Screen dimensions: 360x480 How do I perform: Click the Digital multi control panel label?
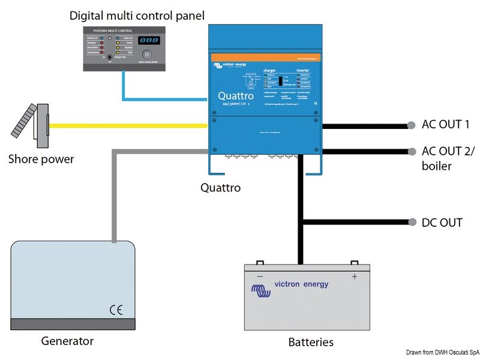(x=137, y=14)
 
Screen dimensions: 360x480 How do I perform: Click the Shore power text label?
(x=41, y=159)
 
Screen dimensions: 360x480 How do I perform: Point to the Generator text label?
(x=67, y=341)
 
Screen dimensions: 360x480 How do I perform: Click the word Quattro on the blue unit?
(x=236, y=95)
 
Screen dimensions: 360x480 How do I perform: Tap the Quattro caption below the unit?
(x=220, y=188)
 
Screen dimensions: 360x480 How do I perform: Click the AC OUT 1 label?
(x=446, y=124)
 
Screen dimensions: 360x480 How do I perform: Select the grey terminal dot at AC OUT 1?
(x=410, y=125)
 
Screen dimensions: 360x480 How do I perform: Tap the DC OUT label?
(x=442, y=222)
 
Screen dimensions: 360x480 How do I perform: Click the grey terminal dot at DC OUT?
(x=410, y=221)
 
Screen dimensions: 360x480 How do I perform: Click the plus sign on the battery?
(x=354, y=277)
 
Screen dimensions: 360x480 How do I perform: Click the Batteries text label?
(x=311, y=342)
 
